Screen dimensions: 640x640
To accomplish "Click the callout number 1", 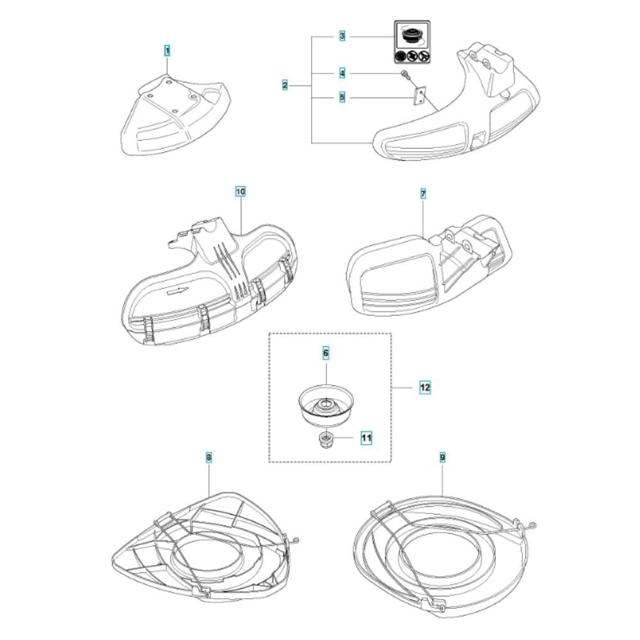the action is coord(167,51).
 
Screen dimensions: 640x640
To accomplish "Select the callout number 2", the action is coord(285,85).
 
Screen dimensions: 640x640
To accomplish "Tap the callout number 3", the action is coord(342,36).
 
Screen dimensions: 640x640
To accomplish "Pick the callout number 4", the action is coord(342,74).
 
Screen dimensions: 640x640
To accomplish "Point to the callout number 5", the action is coord(342,97).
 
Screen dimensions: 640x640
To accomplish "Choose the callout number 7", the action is coord(423,194).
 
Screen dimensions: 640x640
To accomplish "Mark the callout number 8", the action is coord(209,457).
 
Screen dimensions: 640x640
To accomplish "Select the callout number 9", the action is coord(443,457).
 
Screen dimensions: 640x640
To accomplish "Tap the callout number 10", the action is coord(241,191).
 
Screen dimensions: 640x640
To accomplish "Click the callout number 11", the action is coord(367,438).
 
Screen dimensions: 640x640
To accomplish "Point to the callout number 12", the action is coord(425,387).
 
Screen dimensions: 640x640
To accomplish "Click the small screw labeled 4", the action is coord(404,75).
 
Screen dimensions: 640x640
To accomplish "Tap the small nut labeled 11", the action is coord(325,440).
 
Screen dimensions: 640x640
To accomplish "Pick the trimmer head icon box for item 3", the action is coord(412,42).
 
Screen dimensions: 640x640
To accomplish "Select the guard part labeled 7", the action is coord(429,266).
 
